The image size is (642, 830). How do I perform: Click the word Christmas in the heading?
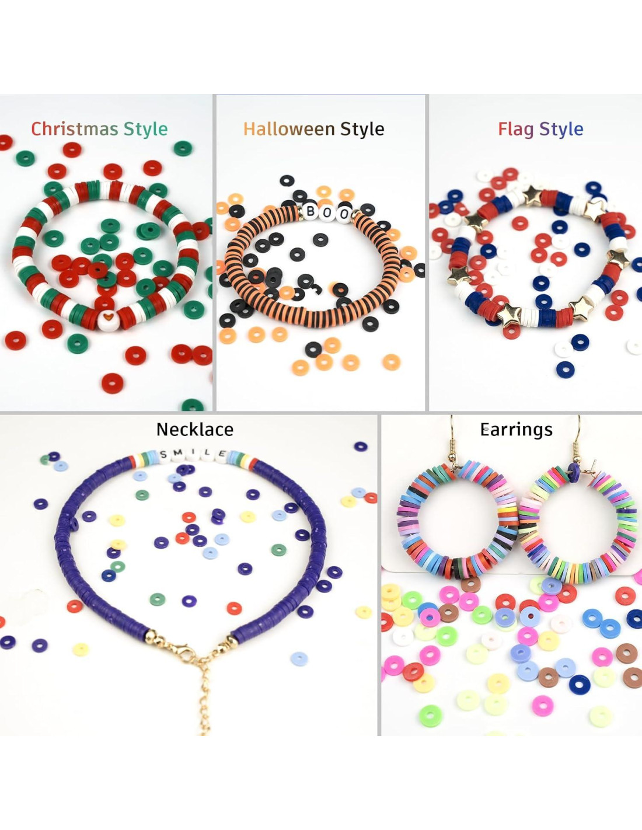pyautogui.click(x=75, y=129)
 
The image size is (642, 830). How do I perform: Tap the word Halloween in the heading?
pyautogui.click(x=289, y=129)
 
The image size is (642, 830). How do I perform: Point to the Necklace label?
pyautogui.click(x=195, y=430)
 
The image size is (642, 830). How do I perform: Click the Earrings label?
pyautogui.click(x=517, y=430)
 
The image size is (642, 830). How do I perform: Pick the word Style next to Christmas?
pyautogui.click(x=146, y=129)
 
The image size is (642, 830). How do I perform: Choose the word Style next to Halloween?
pyautogui.click(x=362, y=129)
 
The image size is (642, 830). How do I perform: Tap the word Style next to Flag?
pyautogui.click(x=561, y=129)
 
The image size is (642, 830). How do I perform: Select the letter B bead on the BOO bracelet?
pyautogui.click(x=312, y=211)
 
